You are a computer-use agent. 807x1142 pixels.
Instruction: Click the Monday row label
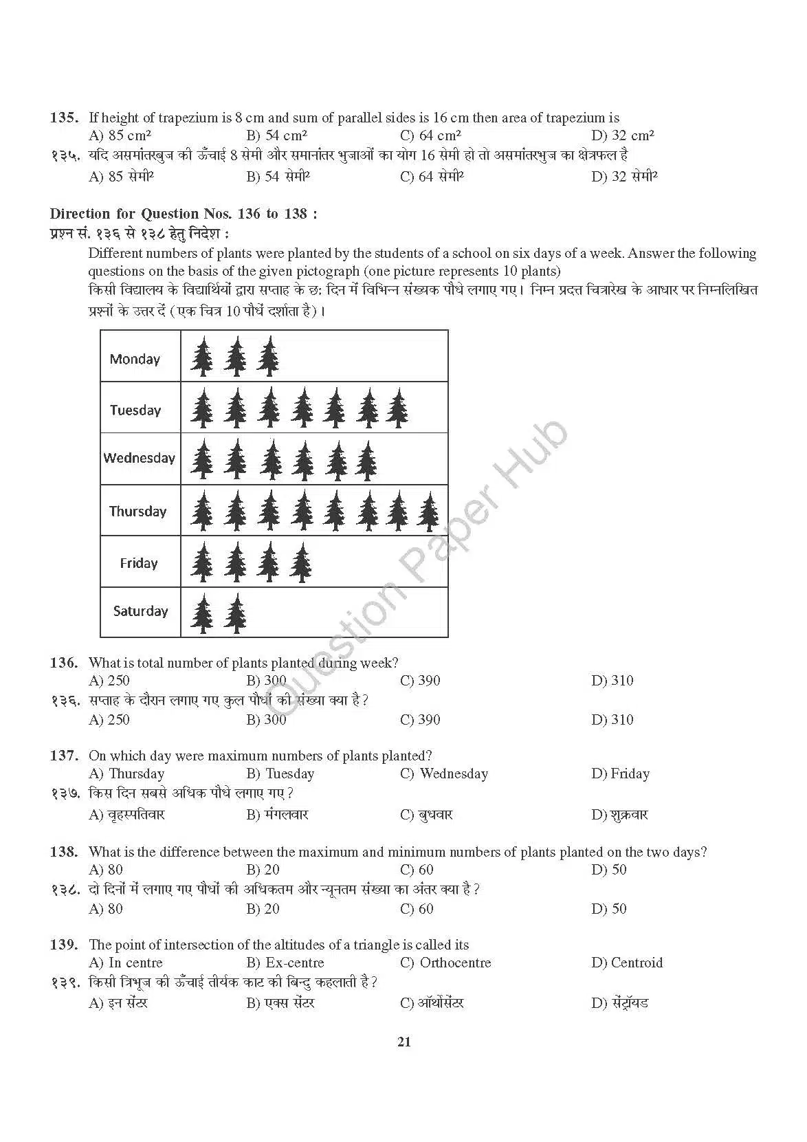point(135,359)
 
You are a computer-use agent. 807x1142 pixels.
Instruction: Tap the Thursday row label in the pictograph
point(137,511)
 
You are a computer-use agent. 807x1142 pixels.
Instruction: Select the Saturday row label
point(140,611)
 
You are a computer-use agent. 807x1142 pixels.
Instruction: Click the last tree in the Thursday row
point(430,512)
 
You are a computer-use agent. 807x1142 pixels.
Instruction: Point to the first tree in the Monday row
point(202,356)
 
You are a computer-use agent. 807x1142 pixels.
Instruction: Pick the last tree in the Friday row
point(300,562)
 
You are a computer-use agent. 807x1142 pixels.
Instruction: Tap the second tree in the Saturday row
point(236,613)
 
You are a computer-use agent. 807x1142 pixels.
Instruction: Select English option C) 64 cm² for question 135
point(430,135)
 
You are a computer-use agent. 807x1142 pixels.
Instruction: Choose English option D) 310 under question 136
point(612,681)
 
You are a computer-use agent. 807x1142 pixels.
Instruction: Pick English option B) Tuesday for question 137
point(280,773)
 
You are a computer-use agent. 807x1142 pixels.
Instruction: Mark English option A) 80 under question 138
point(106,870)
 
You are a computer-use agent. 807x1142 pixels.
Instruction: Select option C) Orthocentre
point(445,963)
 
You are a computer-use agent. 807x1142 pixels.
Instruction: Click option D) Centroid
point(626,963)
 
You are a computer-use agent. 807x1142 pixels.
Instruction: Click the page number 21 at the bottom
point(404,1042)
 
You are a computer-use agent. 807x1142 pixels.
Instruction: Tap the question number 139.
point(64,945)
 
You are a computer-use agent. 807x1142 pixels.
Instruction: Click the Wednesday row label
point(140,458)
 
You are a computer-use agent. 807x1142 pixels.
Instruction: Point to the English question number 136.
point(64,663)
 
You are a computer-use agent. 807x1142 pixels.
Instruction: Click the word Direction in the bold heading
point(80,214)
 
